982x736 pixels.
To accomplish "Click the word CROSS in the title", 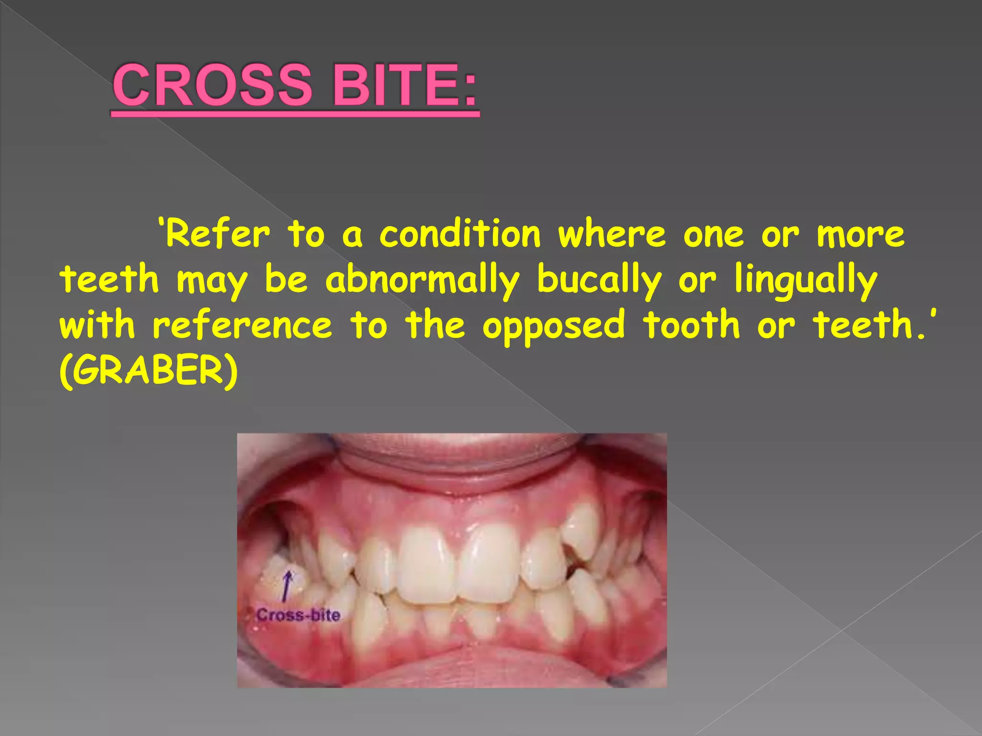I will (212, 85).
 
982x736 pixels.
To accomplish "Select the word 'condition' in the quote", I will (460, 235).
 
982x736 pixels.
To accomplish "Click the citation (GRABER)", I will (149, 371).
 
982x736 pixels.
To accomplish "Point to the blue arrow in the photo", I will (287, 586).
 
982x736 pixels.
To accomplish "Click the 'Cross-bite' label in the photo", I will (298, 615).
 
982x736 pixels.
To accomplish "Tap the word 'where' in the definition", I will (612, 235).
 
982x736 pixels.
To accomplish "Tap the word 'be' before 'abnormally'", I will (286, 280).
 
